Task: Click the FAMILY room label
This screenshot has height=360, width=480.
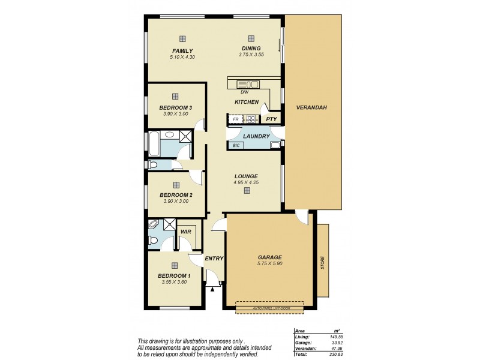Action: pyautogui.click(x=182, y=50)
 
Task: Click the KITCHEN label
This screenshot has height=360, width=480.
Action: pyautogui.click(x=246, y=103)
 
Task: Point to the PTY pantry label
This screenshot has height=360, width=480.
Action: pyautogui.click(x=271, y=119)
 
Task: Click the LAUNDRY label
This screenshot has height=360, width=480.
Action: pyautogui.click(x=256, y=136)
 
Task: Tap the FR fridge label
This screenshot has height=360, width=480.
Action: pyautogui.click(x=235, y=119)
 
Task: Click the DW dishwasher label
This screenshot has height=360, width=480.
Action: pyautogui.click(x=244, y=92)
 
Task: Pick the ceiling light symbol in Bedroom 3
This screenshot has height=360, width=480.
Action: pyautogui.click(x=175, y=96)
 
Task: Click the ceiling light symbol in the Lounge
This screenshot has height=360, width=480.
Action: pyautogui.click(x=247, y=191)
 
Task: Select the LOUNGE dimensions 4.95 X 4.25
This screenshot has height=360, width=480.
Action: pyautogui.click(x=247, y=182)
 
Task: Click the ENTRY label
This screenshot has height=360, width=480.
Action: pyautogui.click(x=214, y=259)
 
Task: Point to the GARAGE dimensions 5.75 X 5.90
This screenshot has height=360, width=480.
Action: pyautogui.click(x=270, y=263)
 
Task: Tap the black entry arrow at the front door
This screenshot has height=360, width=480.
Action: pyautogui.click(x=212, y=289)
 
